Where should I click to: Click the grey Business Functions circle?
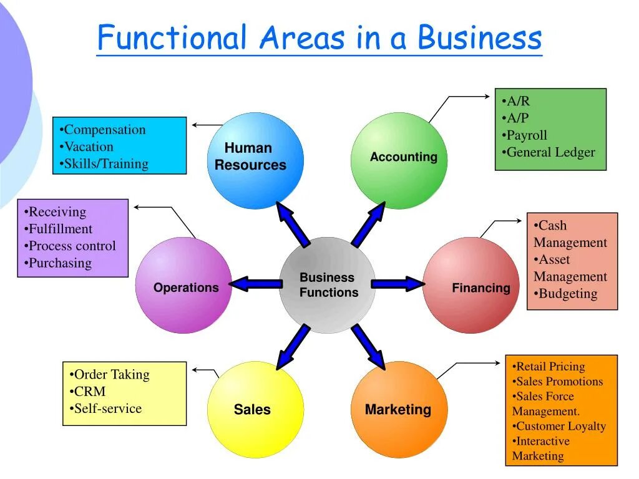(x=327, y=285)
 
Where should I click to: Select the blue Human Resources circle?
(x=255, y=160)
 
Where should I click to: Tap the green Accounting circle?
(x=399, y=160)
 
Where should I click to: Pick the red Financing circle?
(x=471, y=285)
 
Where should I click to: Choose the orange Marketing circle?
(x=399, y=410)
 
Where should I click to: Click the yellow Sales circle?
(x=255, y=410)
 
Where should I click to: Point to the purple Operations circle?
(x=183, y=285)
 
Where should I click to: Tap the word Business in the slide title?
(x=479, y=38)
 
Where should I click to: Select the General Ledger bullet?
(x=550, y=152)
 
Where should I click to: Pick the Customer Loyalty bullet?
(x=560, y=427)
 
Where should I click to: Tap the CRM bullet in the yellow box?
(x=89, y=392)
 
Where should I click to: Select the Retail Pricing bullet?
(x=549, y=367)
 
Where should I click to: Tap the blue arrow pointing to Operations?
(x=256, y=284)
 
